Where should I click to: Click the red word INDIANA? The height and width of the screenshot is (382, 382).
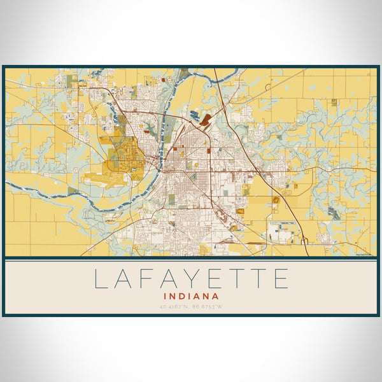pos(191,296)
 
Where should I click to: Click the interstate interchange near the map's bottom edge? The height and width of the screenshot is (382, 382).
pos(304,241)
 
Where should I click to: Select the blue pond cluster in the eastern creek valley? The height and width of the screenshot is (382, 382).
pos(334,212)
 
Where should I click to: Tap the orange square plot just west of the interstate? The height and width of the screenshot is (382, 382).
pos(276,200)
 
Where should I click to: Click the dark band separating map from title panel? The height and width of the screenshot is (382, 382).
pos(191,258)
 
